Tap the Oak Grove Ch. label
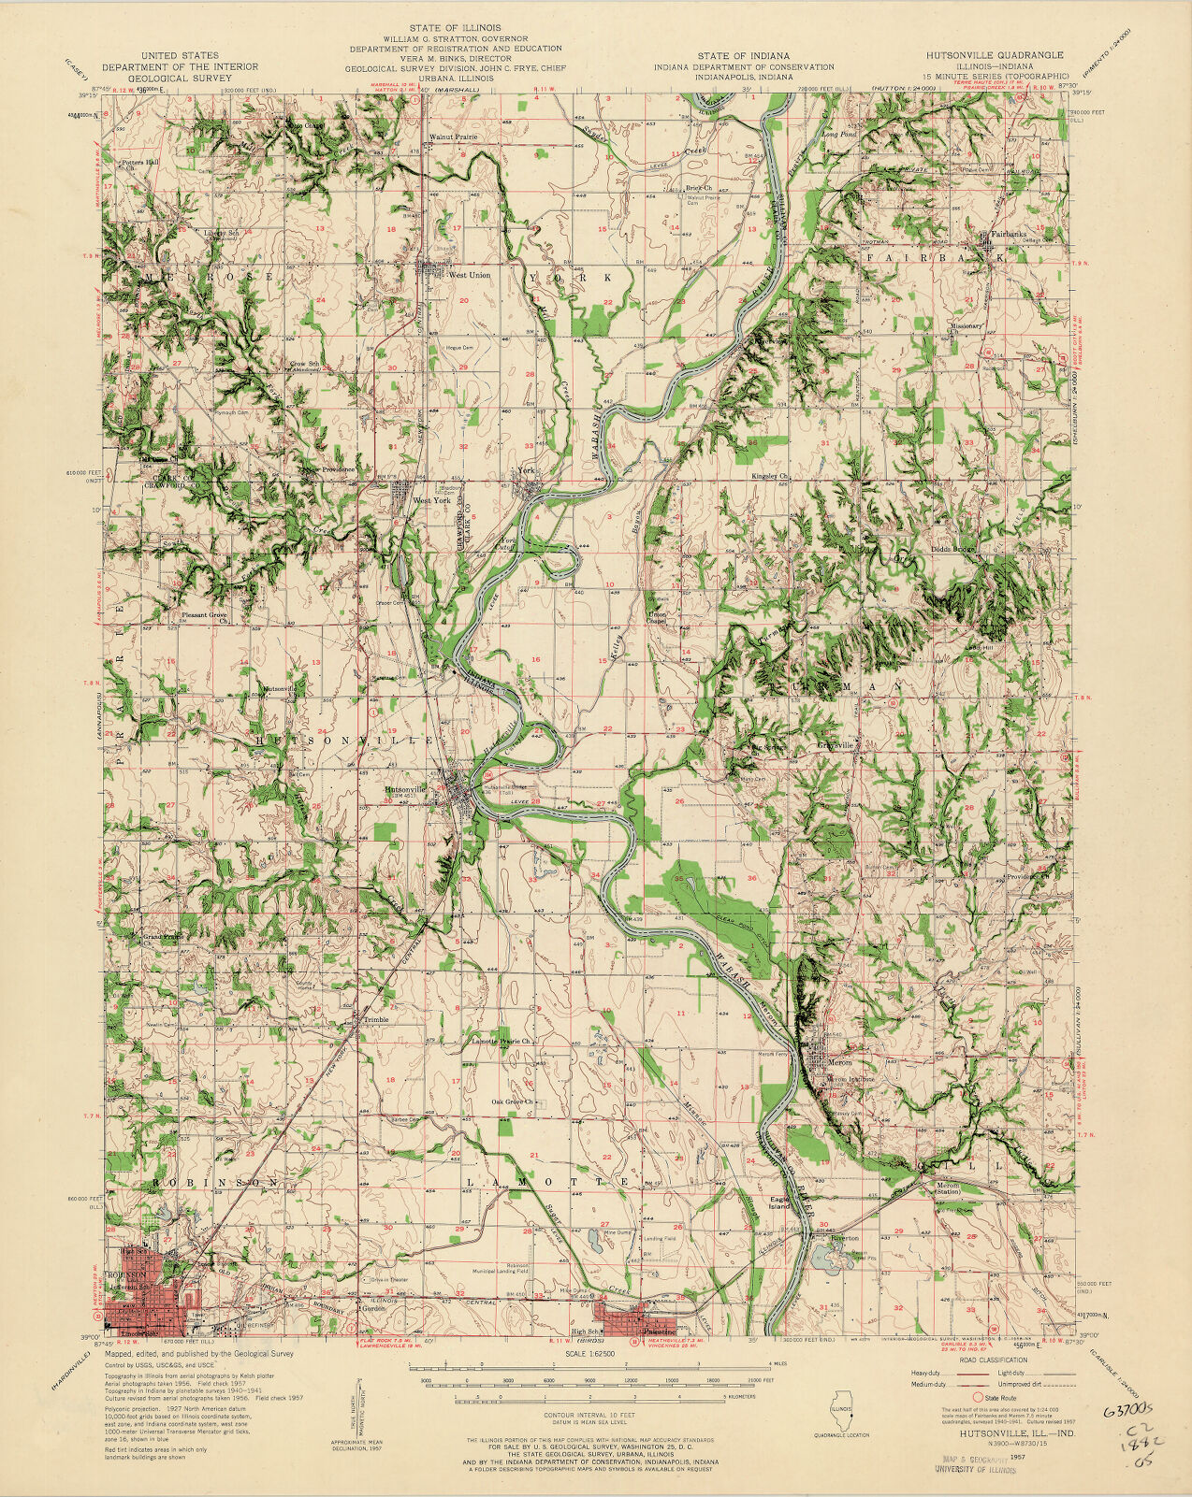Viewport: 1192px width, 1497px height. tap(514, 1101)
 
